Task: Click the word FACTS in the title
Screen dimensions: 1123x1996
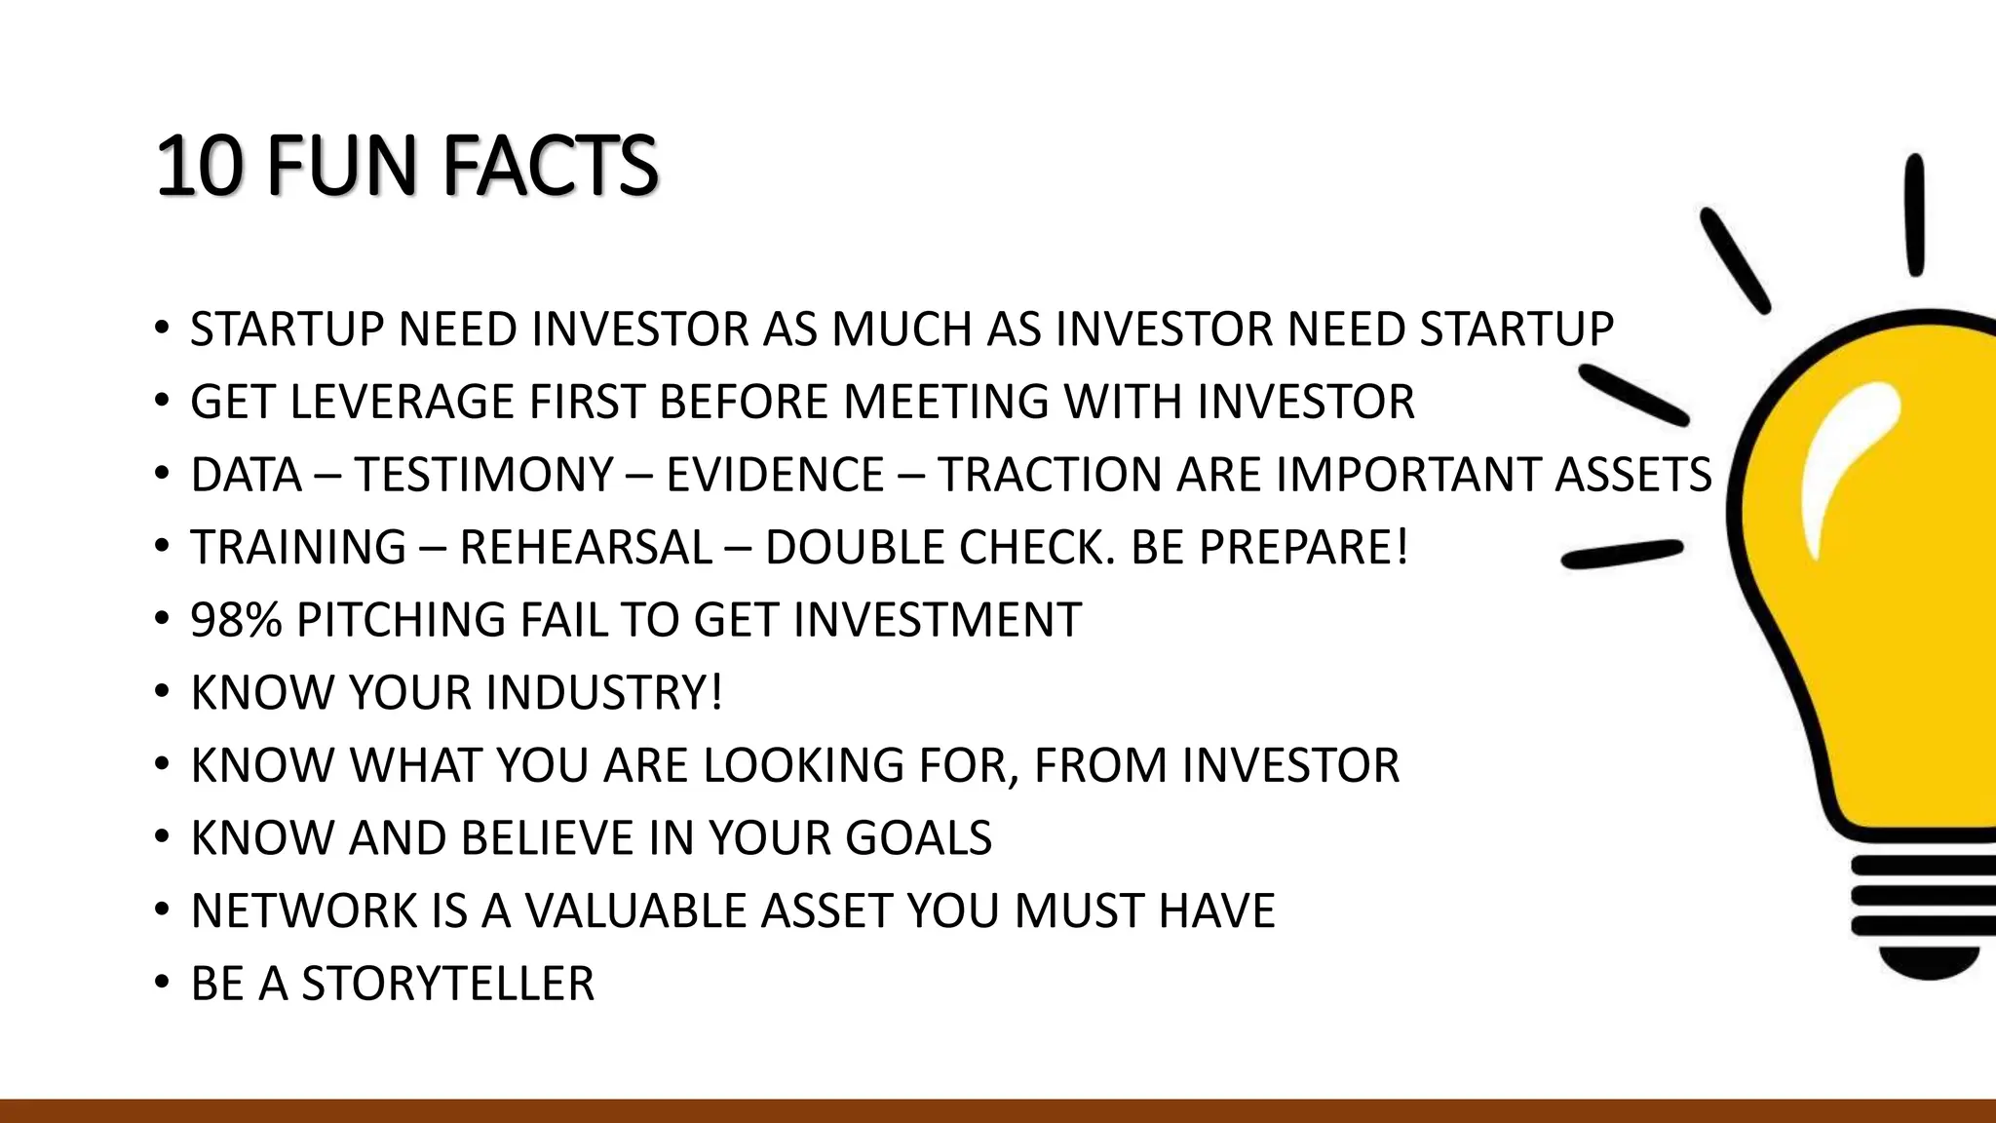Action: click(x=551, y=166)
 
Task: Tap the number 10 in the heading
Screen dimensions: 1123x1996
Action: click(x=198, y=166)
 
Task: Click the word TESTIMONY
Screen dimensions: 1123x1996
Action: click(x=483, y=475)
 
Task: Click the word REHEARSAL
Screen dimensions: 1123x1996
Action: click(x=585, y=547)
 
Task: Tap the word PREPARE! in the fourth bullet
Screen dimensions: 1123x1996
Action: click(x=1303, y=547)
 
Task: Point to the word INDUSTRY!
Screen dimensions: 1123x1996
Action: click(x=603, y=693)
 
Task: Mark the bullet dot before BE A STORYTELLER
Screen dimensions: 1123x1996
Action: click(x=162, y=981)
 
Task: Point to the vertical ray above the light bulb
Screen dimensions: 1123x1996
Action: click(x=1914, y=214)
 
